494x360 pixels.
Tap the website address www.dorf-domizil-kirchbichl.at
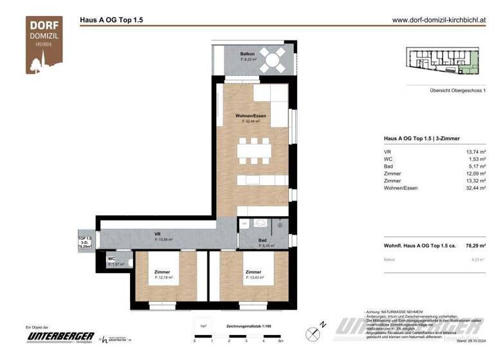(x=439, y=20)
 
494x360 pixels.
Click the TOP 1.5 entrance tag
(x=84, y=241)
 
